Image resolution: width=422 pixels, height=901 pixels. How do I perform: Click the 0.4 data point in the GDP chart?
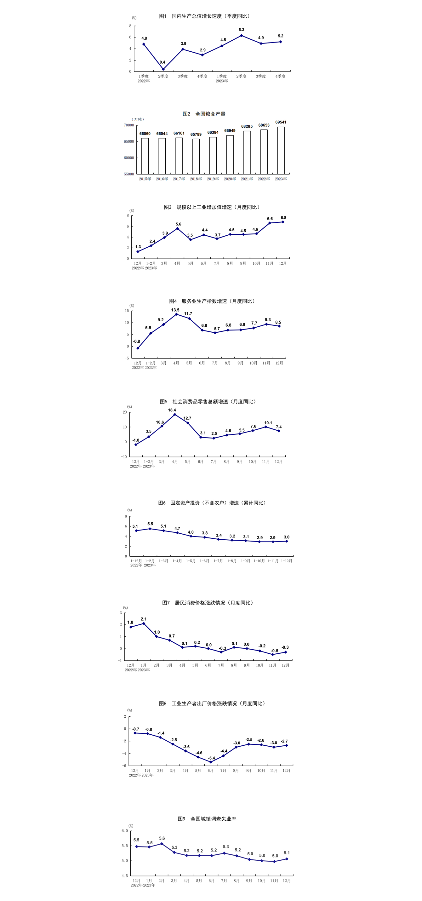coord(163,69)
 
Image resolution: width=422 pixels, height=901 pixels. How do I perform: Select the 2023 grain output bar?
coord(281,150)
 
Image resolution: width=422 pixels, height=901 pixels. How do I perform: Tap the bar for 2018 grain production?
coord(196,156)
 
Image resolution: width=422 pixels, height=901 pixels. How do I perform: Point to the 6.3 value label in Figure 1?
coord(241,30)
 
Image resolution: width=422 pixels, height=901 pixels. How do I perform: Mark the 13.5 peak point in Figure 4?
coord(176,314)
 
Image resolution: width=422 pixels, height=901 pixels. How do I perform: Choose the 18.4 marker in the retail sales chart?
coord(175,415)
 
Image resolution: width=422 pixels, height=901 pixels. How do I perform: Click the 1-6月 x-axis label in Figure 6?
coord(204,561)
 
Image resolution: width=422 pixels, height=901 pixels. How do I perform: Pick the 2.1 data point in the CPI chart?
coord(144,623)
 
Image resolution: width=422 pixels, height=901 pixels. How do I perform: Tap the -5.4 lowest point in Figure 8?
coord(210,762)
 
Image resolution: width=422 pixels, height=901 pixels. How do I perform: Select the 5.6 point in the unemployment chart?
coord(162,844)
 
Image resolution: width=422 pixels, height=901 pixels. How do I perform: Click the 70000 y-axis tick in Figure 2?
coord(129,125)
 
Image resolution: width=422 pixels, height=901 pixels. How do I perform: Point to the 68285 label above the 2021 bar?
coord(247,126)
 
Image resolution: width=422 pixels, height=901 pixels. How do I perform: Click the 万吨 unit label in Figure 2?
coord(138,119)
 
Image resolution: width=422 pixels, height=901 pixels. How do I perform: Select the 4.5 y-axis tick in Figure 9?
coord(125,875)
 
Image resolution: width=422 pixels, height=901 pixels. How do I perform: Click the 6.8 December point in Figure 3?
coord(283,222)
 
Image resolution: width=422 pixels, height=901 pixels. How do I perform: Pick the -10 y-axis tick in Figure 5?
coord(124,457)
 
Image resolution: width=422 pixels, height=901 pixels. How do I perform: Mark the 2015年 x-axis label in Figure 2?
coord(145,179)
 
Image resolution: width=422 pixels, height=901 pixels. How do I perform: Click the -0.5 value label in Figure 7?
coord(274,651)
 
